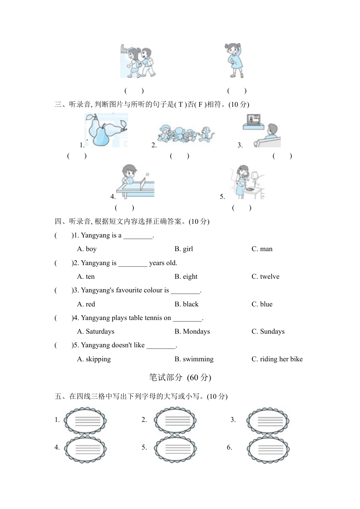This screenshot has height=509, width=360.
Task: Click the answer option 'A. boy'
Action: (87, 249)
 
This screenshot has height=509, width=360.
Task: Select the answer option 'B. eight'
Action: (186, 276)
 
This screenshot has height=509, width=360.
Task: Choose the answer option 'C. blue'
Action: (262, 304)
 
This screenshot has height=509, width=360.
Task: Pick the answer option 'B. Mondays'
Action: (192, 331)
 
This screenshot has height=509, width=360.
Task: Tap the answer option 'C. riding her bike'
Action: (277, 359)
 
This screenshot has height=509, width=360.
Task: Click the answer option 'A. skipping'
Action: (94, 359)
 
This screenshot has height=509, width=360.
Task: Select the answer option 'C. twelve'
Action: (265, 276)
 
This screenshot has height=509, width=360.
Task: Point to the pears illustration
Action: (106, 130)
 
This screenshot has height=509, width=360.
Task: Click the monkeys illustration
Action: (186, 134)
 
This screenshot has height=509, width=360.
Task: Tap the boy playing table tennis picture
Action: (136, 181)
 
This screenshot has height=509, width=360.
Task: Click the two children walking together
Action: (138, 62)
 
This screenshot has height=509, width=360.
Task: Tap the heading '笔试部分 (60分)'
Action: (180, 377)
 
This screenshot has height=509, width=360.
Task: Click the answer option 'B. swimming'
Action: (194, 359)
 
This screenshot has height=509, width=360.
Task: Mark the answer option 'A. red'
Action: (86, 304)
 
